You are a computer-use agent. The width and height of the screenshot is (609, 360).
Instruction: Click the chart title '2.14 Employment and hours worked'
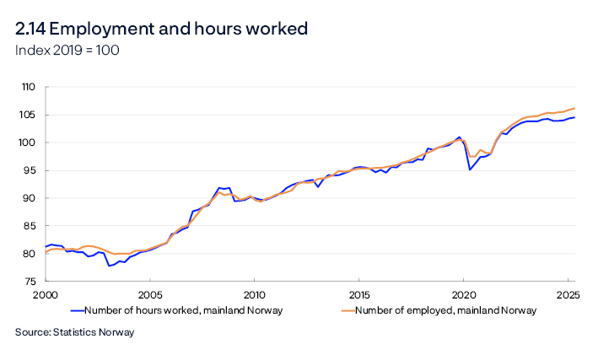coord(161,29)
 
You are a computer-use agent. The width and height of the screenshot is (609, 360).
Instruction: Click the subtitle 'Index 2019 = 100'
coord(67,51)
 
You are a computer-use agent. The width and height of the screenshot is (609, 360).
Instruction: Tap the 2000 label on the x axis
coord(45,295)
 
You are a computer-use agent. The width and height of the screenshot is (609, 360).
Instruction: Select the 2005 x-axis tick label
coord(150,295)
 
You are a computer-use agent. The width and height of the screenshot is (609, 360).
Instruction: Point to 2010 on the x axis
coord(254,295)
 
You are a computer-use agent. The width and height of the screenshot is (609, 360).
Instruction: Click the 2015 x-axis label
coord(358,295)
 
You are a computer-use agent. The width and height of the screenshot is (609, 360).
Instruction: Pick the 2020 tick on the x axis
coord(463,295)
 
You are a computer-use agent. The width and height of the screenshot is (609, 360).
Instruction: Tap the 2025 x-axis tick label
coord(568,295)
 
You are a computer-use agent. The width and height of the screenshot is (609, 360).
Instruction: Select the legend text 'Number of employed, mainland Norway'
coord(445,310)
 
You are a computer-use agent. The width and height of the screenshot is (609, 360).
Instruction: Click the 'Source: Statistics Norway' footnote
coord(74,332)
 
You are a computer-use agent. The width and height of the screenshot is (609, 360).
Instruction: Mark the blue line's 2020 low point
coord(470,169)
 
